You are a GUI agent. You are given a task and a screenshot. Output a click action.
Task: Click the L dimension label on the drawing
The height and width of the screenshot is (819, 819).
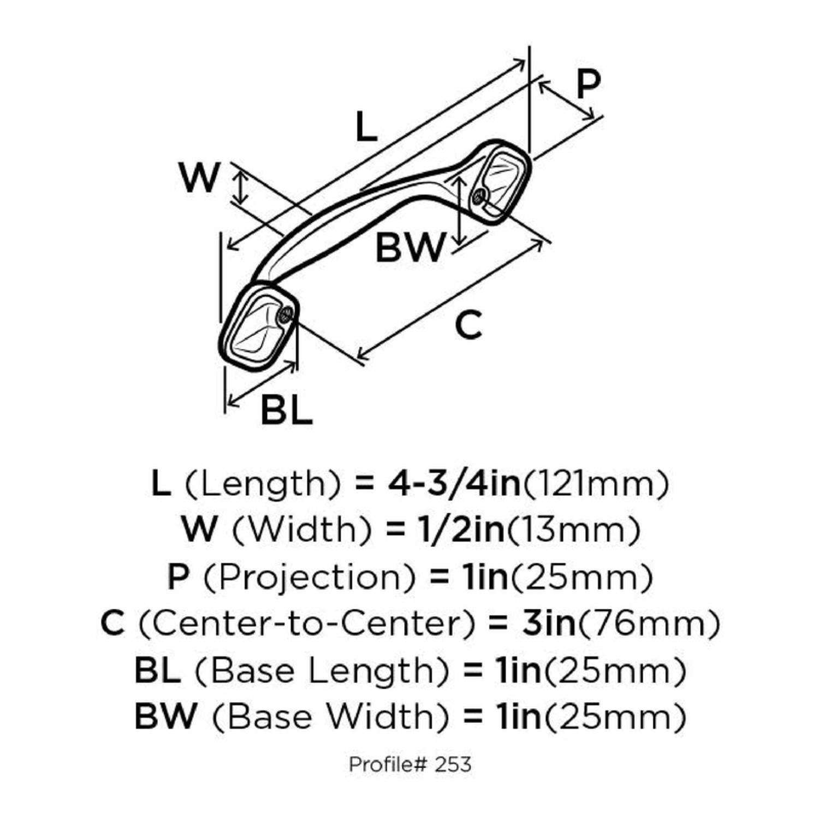[x=366, y=126]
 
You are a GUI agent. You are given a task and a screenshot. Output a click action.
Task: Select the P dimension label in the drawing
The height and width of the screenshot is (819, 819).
[x=588, y=84]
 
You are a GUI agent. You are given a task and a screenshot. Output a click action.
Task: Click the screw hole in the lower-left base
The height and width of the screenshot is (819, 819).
[x=286, y=314]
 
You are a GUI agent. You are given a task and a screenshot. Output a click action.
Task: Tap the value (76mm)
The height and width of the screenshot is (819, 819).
[x=649, y=624]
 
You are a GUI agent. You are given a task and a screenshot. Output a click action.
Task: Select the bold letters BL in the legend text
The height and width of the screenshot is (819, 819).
[x=157, y=670]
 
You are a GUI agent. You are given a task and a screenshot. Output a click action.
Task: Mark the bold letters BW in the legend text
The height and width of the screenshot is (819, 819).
[x=165, y=716]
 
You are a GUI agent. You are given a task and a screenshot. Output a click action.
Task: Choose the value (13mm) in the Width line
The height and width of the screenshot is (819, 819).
[x=573, y=530]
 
